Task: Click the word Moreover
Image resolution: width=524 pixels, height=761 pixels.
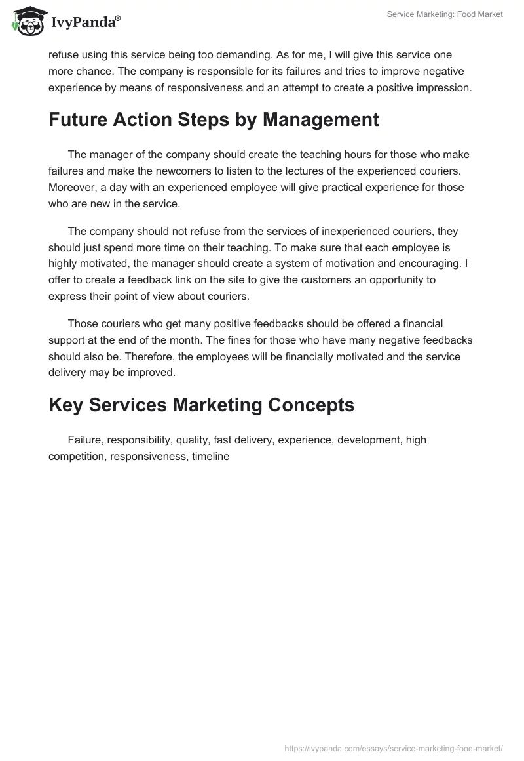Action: [x=71, y=187]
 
